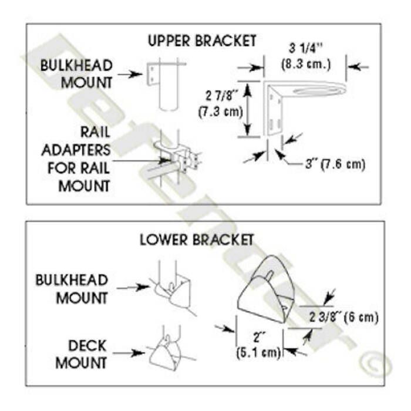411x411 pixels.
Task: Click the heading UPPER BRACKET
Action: pyautogui.click(x=203, y=41)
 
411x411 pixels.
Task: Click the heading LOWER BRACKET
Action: pyautogui.click(x=197, y=240)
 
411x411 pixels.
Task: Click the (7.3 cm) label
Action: pyautogui.click(x=218, y=112)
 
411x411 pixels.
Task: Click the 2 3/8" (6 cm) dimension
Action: pyautogui.click(x=344, y=317)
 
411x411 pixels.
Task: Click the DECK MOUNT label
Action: pyautogui.click(x=81, y=353)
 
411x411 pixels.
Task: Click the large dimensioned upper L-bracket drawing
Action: pyautogui.click(x=294, y=106)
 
